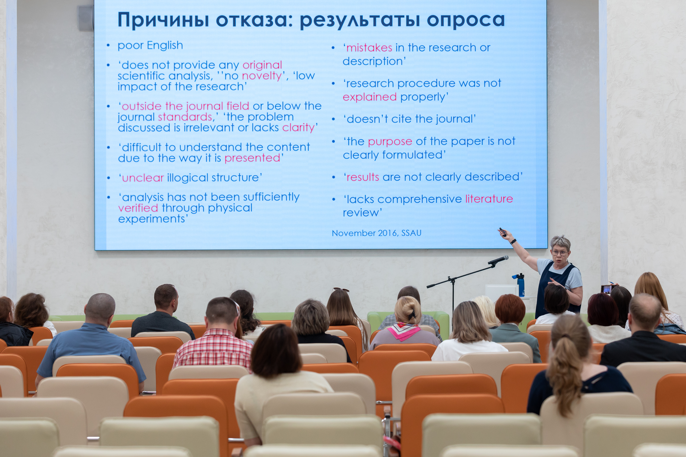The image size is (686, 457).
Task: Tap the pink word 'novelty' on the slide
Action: (262, 76)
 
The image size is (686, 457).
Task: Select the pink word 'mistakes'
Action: (369, 47)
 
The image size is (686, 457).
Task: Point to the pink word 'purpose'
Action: (390, 142)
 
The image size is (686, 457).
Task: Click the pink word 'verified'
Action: (138, 208)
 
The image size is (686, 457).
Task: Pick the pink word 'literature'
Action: (489, 199)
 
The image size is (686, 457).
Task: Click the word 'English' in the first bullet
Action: (165, 46)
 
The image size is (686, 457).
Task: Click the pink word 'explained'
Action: (370, 97)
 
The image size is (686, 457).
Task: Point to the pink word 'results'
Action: (362, 177)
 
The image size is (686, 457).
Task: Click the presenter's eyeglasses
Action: (560, 253)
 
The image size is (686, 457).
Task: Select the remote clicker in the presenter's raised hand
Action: (502, 232)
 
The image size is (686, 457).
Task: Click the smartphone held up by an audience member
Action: (607, 289)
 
